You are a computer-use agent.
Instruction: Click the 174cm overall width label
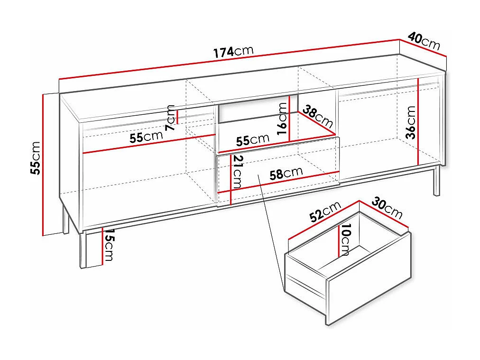(233, 52)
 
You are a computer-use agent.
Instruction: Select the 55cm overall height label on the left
(36, 157)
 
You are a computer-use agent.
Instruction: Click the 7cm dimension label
(170, 118)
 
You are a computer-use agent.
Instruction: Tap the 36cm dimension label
(411, 122)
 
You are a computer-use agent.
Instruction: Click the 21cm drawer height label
(238, 171)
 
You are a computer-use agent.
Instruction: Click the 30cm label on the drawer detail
(387, 207)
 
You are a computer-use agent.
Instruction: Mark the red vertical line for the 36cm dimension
(418, 121)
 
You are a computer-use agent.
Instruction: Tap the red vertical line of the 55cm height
(43, 164)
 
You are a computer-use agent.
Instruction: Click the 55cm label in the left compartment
(146, 138)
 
